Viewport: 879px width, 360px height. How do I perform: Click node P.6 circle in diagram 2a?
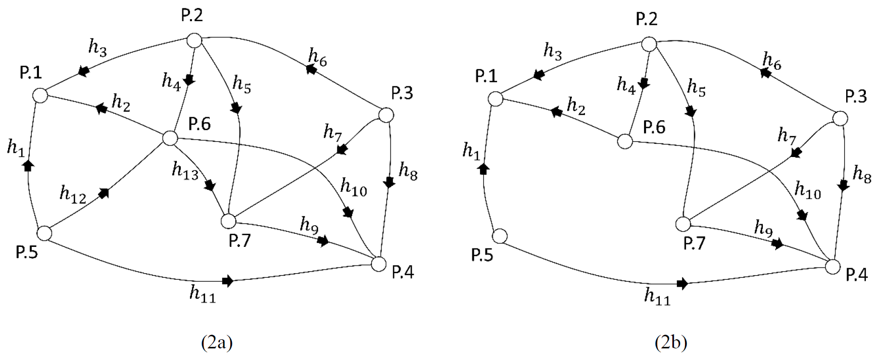(170, 137)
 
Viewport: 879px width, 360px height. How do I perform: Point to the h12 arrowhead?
(104, 193)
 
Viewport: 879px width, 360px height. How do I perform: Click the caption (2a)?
(217, 343)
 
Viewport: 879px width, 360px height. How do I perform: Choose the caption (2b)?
(671, 343)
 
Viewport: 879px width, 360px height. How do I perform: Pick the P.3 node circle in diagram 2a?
(386, 115)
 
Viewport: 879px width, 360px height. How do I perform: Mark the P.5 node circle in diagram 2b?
(500, 236)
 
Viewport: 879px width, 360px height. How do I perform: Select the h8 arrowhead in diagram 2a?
(389, 182)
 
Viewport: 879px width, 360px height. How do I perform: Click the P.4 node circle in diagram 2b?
(833, 266)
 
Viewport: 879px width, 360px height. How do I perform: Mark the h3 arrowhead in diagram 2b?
(540, 75)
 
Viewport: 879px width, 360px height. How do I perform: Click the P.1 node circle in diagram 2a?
(40, 95)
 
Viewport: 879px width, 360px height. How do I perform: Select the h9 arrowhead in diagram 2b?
(777, 244)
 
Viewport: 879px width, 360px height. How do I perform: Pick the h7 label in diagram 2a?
(333, 133)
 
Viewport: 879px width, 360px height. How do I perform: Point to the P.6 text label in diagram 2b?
(654, 127)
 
